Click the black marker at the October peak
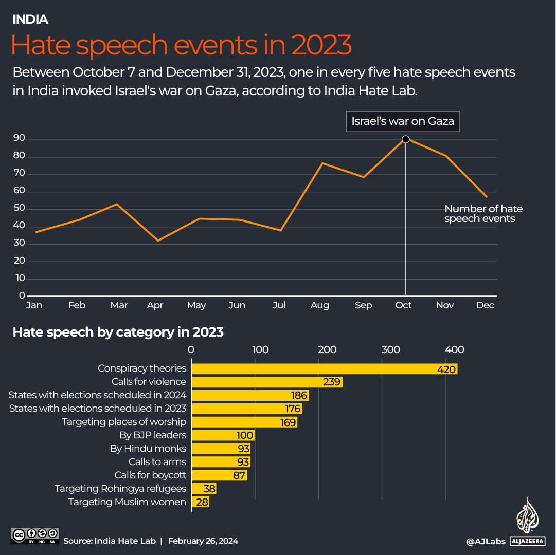point(405,139)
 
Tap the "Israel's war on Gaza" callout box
point(402,122)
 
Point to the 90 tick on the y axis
point(20,139)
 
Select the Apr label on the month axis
point(155,305)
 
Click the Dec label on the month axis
point(485,305)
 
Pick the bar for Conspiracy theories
point(324,369)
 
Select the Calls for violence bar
point(266,382)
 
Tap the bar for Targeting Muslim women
point(200,502)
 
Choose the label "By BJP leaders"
point(153,435)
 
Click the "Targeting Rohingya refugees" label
point(120,489)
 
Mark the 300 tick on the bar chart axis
point(391,350)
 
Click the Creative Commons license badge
point(35,535)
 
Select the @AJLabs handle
point(485,541)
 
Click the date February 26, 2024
point(203,541)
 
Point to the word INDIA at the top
point(30,20)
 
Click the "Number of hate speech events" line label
point(483,214)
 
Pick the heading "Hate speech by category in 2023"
point(118,332)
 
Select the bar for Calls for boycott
point(219,475)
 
